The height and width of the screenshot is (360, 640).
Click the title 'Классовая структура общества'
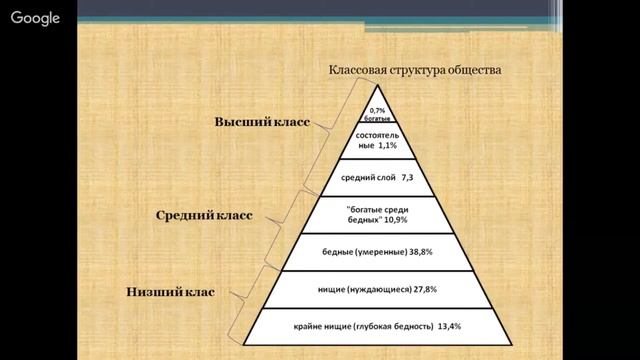(x=415, y=71)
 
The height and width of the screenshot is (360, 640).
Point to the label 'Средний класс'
(x=207, y=215)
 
